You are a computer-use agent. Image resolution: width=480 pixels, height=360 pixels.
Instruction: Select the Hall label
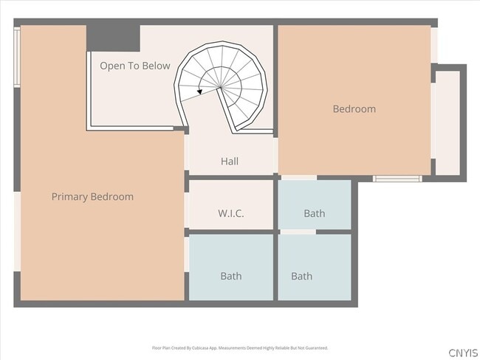[x=230, y=162]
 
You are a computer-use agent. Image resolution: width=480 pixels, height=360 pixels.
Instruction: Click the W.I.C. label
[x=230, y=214]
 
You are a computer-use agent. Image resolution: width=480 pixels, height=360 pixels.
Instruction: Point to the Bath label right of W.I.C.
[x=314, y=214]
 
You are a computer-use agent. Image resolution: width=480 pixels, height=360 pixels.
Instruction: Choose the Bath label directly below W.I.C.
[x=230, y=277]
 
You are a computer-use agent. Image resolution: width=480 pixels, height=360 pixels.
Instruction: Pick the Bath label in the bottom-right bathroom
[x=301, y=277]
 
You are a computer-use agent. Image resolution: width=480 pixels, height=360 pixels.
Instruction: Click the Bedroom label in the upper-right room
[x=354, y=109]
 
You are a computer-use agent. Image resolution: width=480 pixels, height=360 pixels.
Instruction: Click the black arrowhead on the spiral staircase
[x=200, y=91]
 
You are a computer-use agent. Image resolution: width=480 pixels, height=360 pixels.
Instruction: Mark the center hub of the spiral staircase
[x=220, y=87]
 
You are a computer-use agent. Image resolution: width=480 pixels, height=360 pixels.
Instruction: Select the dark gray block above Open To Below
[x=113, y=38]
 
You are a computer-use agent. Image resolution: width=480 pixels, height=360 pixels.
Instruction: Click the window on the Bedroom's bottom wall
[x=397, y=178]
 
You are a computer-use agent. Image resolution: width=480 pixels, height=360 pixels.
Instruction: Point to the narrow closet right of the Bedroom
[x=447, y=122]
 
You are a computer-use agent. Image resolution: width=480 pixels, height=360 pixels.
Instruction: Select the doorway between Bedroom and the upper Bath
[x=298, y=178]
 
